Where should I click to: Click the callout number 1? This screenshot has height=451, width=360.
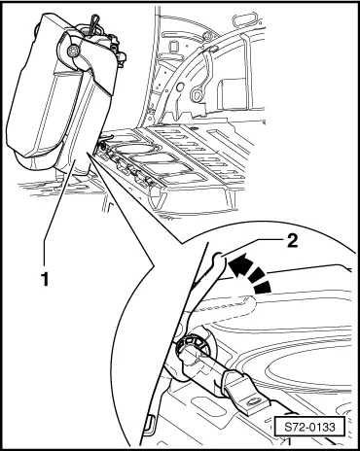[45, 279]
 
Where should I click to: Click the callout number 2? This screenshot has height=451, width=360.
[293, 241]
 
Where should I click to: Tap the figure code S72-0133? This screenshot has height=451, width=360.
[309, 427]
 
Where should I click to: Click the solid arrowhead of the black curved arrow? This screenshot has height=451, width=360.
[238, 263]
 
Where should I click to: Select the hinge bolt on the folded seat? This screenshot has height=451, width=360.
[72, 52]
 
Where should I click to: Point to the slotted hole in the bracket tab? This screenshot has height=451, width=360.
[256, 402]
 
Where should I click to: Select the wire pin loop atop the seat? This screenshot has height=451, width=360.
[95, 23]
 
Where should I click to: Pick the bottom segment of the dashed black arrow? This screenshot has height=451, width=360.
[262, 288]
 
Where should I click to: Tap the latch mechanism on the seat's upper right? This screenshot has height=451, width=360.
[117, 50]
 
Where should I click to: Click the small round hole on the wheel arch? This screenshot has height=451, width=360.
[180, 87]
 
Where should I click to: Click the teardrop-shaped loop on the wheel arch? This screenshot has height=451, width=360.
[197, 94]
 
